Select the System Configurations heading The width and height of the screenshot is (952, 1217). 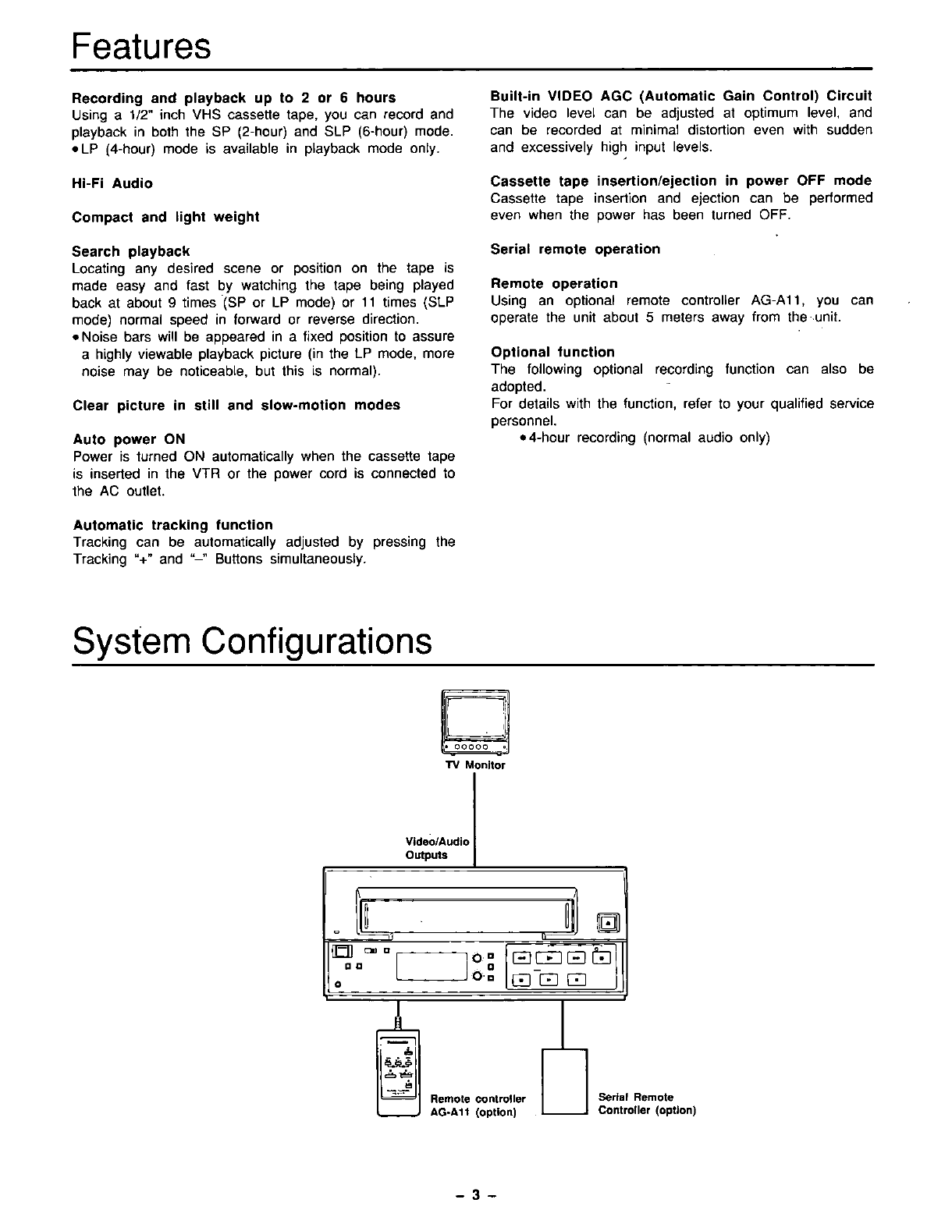251,642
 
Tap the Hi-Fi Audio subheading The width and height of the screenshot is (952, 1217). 112,183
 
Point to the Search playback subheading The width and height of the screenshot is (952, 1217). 131,251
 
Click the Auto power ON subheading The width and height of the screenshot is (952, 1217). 129,439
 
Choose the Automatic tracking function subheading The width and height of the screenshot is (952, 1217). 172,525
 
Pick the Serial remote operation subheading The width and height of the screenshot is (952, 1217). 575,250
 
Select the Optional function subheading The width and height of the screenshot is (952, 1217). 552,353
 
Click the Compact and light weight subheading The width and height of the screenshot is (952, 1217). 165,217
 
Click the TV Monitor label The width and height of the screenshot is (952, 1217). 475,765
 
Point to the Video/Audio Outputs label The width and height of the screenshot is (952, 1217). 437,848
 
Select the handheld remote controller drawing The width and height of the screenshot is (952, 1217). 399,1073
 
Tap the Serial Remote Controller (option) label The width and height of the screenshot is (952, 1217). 646,1104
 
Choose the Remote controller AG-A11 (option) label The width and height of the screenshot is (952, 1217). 478,1105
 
